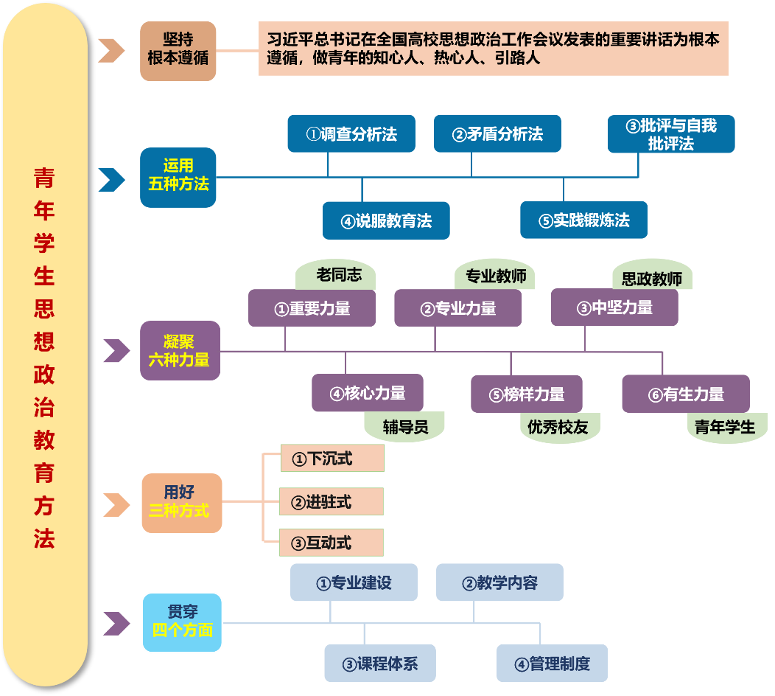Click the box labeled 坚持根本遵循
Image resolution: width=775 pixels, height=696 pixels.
178,50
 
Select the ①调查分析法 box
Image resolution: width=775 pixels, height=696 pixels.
351,133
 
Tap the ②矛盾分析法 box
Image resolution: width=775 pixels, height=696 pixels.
497,133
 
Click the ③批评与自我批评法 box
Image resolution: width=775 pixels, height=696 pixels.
671,133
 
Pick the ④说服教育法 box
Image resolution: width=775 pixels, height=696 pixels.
386,220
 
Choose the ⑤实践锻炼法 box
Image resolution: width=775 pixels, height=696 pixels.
583,220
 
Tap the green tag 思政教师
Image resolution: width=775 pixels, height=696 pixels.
652,278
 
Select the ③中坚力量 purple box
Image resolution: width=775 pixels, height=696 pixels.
614,308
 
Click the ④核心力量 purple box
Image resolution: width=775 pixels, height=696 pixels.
367,393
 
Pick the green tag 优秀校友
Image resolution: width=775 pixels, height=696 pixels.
558,426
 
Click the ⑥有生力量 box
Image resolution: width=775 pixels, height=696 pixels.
685,394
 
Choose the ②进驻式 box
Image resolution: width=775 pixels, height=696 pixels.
332,502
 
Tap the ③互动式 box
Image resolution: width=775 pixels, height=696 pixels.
332,543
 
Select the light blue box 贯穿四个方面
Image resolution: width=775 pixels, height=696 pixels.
181,622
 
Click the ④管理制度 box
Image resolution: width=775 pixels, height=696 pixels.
552,663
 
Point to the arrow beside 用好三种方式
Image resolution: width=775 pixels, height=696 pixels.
116,505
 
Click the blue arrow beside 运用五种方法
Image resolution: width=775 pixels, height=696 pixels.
111,179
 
